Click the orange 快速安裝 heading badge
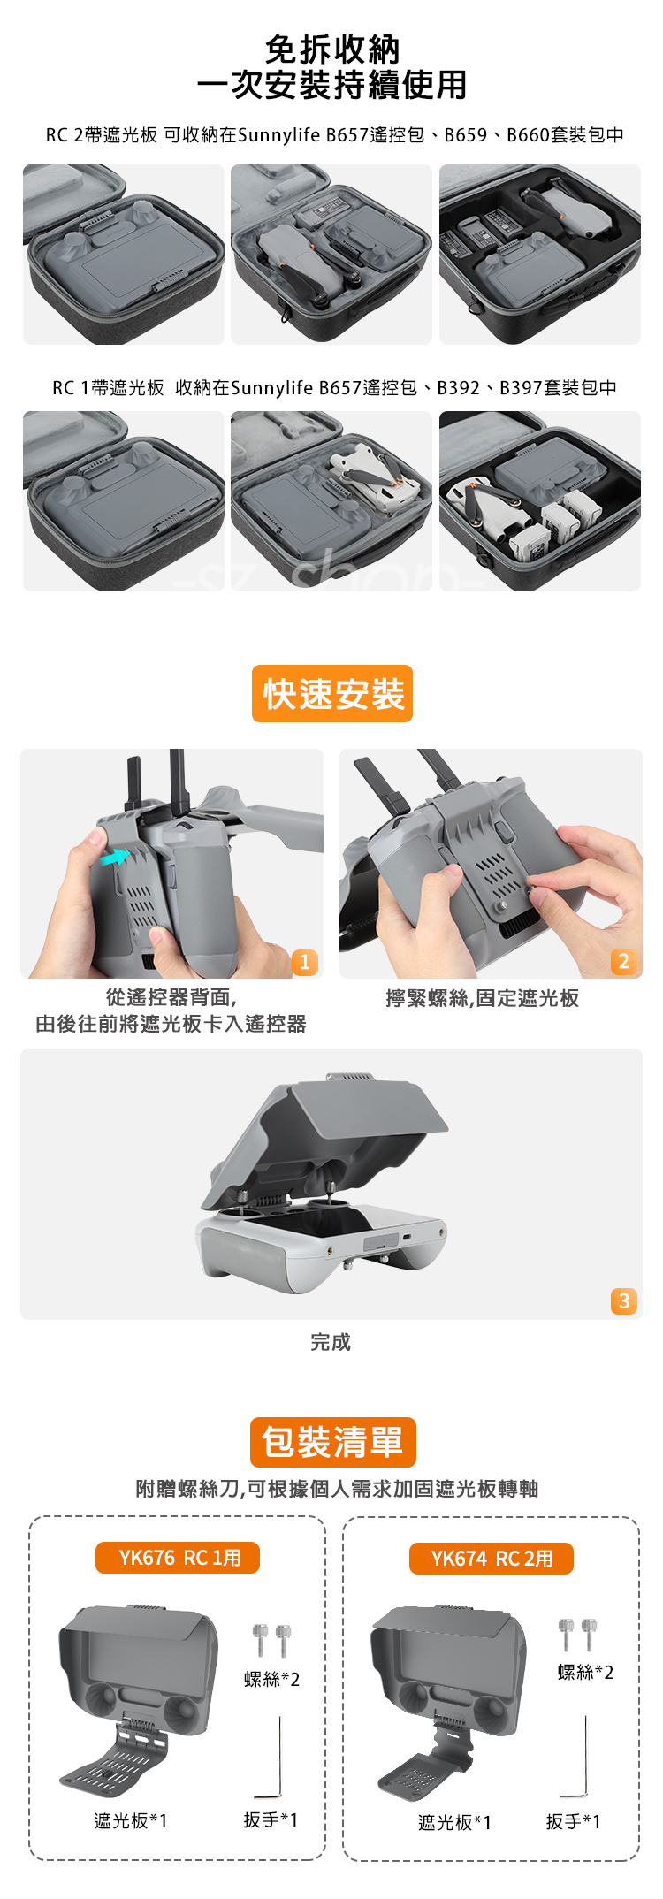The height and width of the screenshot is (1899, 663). coord(332,693)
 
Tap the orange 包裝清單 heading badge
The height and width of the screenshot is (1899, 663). coord(332,1442)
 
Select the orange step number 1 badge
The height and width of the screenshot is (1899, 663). coord(304,962)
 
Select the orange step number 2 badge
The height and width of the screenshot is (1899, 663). coord(623,962)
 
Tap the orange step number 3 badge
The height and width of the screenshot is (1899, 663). coord(624,1301)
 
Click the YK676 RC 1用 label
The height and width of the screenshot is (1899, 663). coord(178,1558)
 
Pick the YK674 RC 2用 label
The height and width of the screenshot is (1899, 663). coord(492,1559)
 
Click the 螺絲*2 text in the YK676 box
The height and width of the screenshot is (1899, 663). coord(272,1679)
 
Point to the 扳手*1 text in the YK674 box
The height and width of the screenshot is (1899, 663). coord(573,1821)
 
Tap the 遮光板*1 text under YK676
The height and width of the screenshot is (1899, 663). coord(131,1820)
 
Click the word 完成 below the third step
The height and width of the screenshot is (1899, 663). coord(331,1342)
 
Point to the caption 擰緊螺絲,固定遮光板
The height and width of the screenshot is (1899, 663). coord(483,998)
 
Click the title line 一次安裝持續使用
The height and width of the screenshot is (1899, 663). coord(331,85)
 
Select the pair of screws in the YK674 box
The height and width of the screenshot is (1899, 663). coord(578,1634)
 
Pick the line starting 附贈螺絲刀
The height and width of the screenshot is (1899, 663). coord(337,1489)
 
